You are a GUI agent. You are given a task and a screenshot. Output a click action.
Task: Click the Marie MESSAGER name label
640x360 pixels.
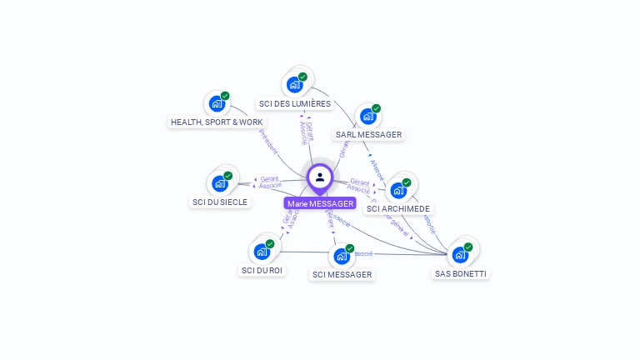click(x=320, y=203)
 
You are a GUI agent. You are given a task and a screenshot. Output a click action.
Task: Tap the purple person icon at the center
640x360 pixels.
click(x=320, y=177)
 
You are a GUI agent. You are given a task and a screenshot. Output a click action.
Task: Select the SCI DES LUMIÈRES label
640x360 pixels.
click(x=295, y=104)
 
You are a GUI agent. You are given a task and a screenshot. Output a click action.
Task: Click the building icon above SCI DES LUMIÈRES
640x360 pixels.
click(x=294, y=84)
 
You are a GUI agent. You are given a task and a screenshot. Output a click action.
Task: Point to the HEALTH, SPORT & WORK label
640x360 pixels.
click(x=217, y=122)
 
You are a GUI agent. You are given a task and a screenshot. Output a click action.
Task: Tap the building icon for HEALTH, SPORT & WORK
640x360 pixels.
click(x=217, y=103)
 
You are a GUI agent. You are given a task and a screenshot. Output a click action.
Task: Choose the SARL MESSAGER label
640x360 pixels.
click(x=368, y=134)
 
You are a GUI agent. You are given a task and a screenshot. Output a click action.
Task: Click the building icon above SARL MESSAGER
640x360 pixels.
click(x=368, y=116)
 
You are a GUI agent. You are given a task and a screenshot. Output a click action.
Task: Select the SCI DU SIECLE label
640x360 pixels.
click(x=220, y=202)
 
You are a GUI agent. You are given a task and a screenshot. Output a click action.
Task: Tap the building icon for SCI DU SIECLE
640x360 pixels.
click(x=220, y=182)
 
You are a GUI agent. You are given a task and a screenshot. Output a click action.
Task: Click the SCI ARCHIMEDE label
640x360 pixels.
click(x=398, y=208)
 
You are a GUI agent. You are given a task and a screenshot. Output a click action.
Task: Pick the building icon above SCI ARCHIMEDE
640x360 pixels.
click(x=398, y=190)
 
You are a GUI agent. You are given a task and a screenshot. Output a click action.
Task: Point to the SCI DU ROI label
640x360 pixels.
click(x=262, y=270)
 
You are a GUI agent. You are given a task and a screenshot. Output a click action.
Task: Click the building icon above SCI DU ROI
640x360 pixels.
click(x=262, y=251)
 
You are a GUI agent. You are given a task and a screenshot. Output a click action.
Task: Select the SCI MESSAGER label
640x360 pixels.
click(x=342, y=274)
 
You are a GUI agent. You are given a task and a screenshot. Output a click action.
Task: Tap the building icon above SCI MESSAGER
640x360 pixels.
click(x=342, y=256)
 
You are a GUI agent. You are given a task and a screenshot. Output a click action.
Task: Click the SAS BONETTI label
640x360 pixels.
click(x=461, y=273)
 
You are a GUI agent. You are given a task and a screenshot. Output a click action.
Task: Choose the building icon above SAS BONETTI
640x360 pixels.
click(x=460, y=254)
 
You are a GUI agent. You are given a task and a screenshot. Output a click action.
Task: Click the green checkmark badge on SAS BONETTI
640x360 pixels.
click(x=468, y=247)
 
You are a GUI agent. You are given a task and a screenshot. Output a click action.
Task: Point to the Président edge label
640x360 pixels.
click(x=268, y=142)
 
